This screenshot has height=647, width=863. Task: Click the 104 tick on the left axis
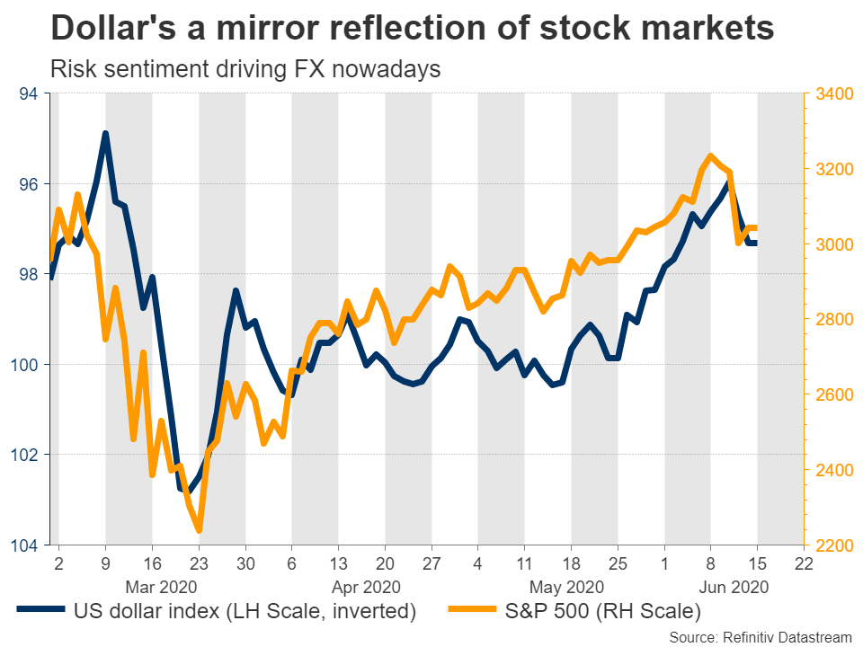tap(24, 545)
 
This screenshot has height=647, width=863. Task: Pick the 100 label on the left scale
tap(24, 365)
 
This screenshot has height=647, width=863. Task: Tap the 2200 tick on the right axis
tap(834, 545)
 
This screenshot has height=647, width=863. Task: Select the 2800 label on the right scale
tap(834, 319)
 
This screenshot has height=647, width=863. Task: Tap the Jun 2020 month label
tap(734, 588)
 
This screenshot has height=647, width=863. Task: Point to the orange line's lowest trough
tap(199, 530)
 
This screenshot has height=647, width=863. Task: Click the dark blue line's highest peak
tap(105, 134)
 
